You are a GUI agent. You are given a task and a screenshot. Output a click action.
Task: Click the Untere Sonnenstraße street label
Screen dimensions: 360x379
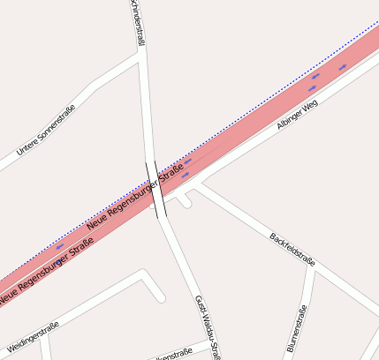46,138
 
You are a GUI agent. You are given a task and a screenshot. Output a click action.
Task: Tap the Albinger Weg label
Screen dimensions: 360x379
296,116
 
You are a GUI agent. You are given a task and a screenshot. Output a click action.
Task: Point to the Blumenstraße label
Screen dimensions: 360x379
296,328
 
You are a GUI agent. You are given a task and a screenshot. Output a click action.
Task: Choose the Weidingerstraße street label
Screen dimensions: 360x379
33,337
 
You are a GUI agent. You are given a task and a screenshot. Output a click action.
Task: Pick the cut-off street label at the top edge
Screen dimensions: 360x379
137,22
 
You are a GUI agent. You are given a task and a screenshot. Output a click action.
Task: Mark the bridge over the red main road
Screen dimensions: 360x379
155,190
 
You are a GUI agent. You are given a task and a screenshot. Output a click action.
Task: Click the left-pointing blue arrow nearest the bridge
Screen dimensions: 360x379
188,162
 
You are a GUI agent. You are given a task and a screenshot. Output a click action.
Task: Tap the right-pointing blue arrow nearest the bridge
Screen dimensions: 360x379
185,176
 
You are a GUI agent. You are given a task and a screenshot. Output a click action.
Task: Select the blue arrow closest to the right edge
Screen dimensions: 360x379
343,67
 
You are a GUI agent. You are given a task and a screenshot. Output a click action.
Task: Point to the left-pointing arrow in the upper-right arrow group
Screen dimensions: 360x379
315,77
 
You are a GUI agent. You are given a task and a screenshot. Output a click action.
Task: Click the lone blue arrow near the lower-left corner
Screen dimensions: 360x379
60,247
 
